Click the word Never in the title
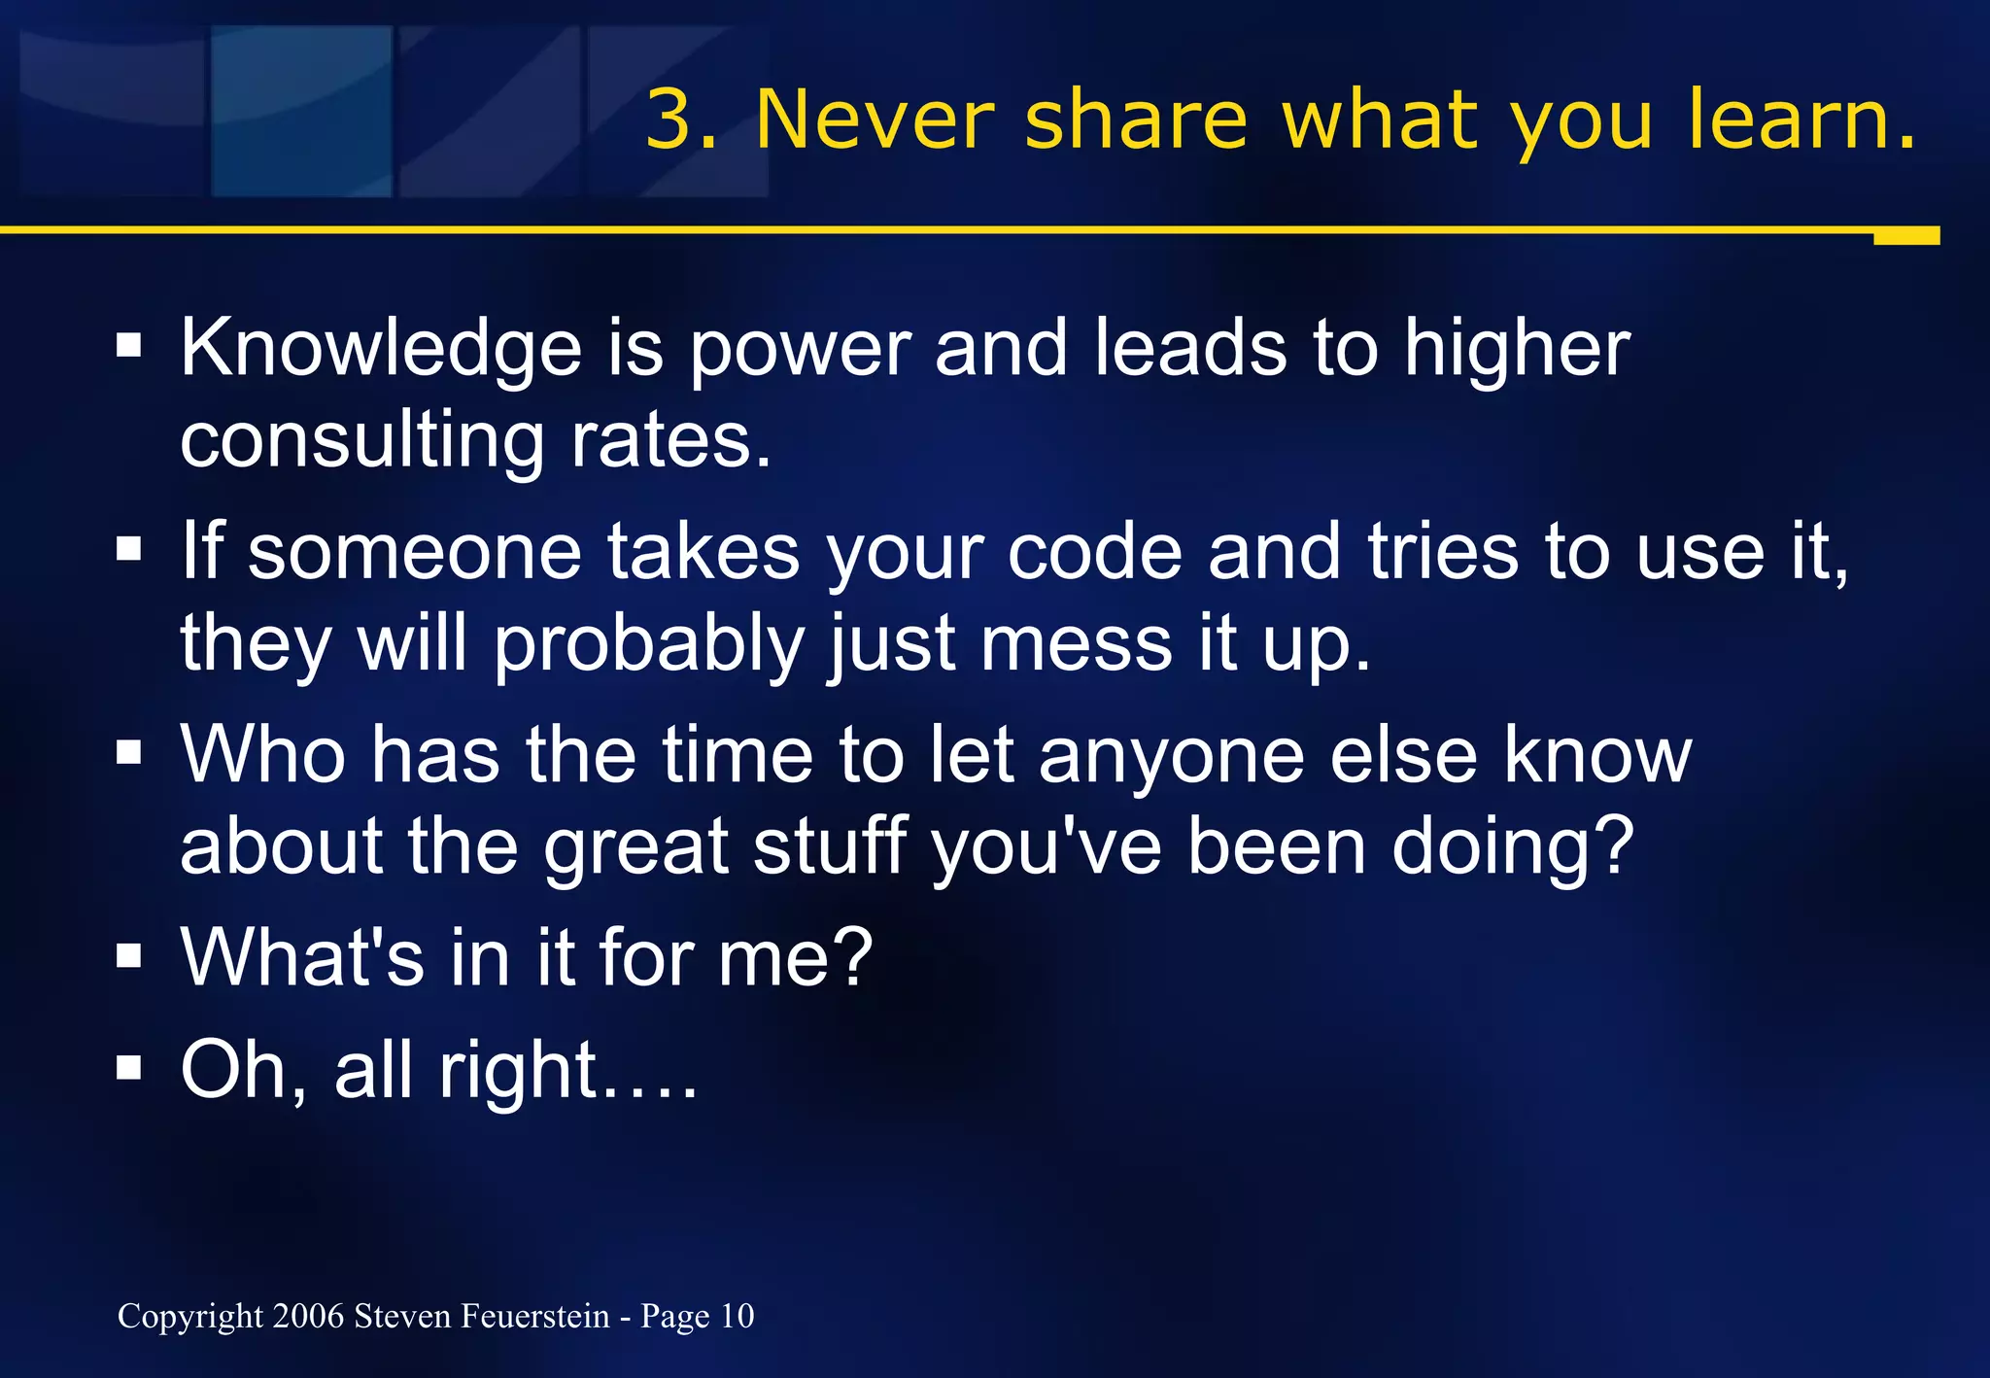875,120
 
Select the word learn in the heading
1786,120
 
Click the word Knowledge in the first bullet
381,350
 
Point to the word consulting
361,442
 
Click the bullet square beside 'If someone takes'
128,549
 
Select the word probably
649,645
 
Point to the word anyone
1171,756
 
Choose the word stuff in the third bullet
830,846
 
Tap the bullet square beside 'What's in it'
128,956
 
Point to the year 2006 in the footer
309,1316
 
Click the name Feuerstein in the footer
535,1316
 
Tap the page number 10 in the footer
737,1316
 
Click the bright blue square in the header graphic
301,111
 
